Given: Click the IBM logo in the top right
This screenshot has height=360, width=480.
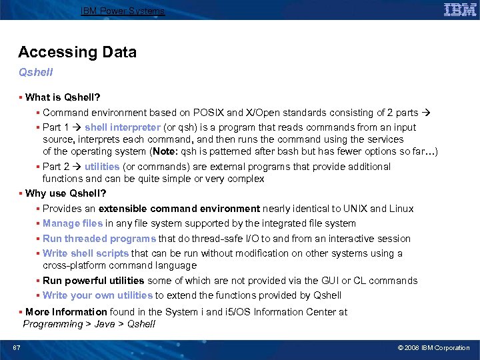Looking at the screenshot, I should click(x=460, y=9).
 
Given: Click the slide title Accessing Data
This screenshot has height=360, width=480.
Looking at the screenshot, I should click(x=77, y=52).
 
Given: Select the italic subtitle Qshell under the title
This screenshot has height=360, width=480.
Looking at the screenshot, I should click(x=35, y=71).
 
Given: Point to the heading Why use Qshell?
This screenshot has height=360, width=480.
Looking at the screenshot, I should click(x=65, y=193).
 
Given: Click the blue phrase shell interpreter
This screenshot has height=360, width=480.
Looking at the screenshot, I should click(x=122, y=127).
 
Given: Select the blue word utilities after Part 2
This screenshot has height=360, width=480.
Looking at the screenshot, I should click(x=102, y=167).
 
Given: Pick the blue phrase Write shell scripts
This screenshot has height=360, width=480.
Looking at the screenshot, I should click(x=86, y=253).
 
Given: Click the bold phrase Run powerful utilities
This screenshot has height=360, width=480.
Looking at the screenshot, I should click(x=93, y=281).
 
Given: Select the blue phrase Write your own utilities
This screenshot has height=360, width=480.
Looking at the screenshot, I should click(x=97, y=295).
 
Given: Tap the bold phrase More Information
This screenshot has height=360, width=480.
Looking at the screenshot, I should click(x=66, y=311).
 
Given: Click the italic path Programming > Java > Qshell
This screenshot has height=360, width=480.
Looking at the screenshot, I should click(x=89, y=324).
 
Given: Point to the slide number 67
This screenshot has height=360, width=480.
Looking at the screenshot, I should click(x=16, y=348).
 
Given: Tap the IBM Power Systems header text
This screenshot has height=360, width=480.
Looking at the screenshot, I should click(x=123, y=11).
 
